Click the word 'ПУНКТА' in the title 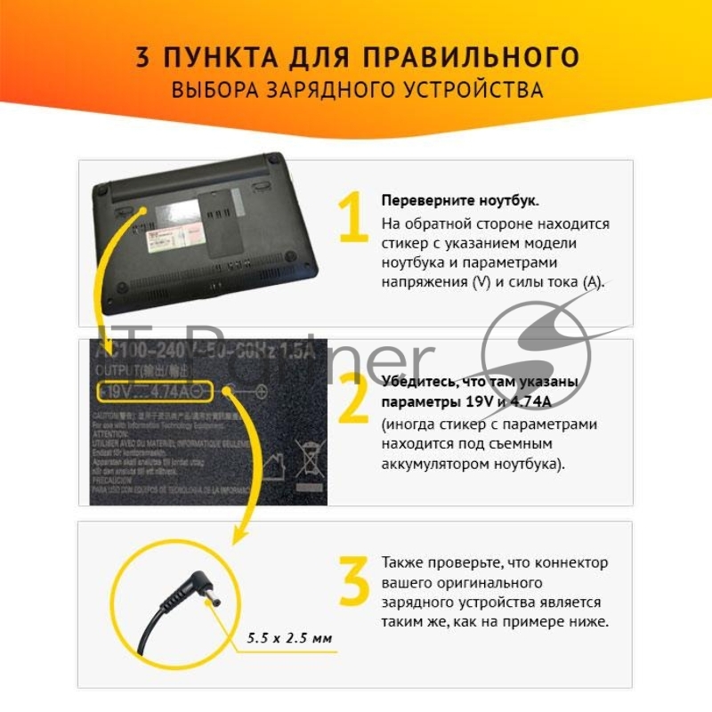click(213, 58)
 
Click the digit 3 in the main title click(143, 58)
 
